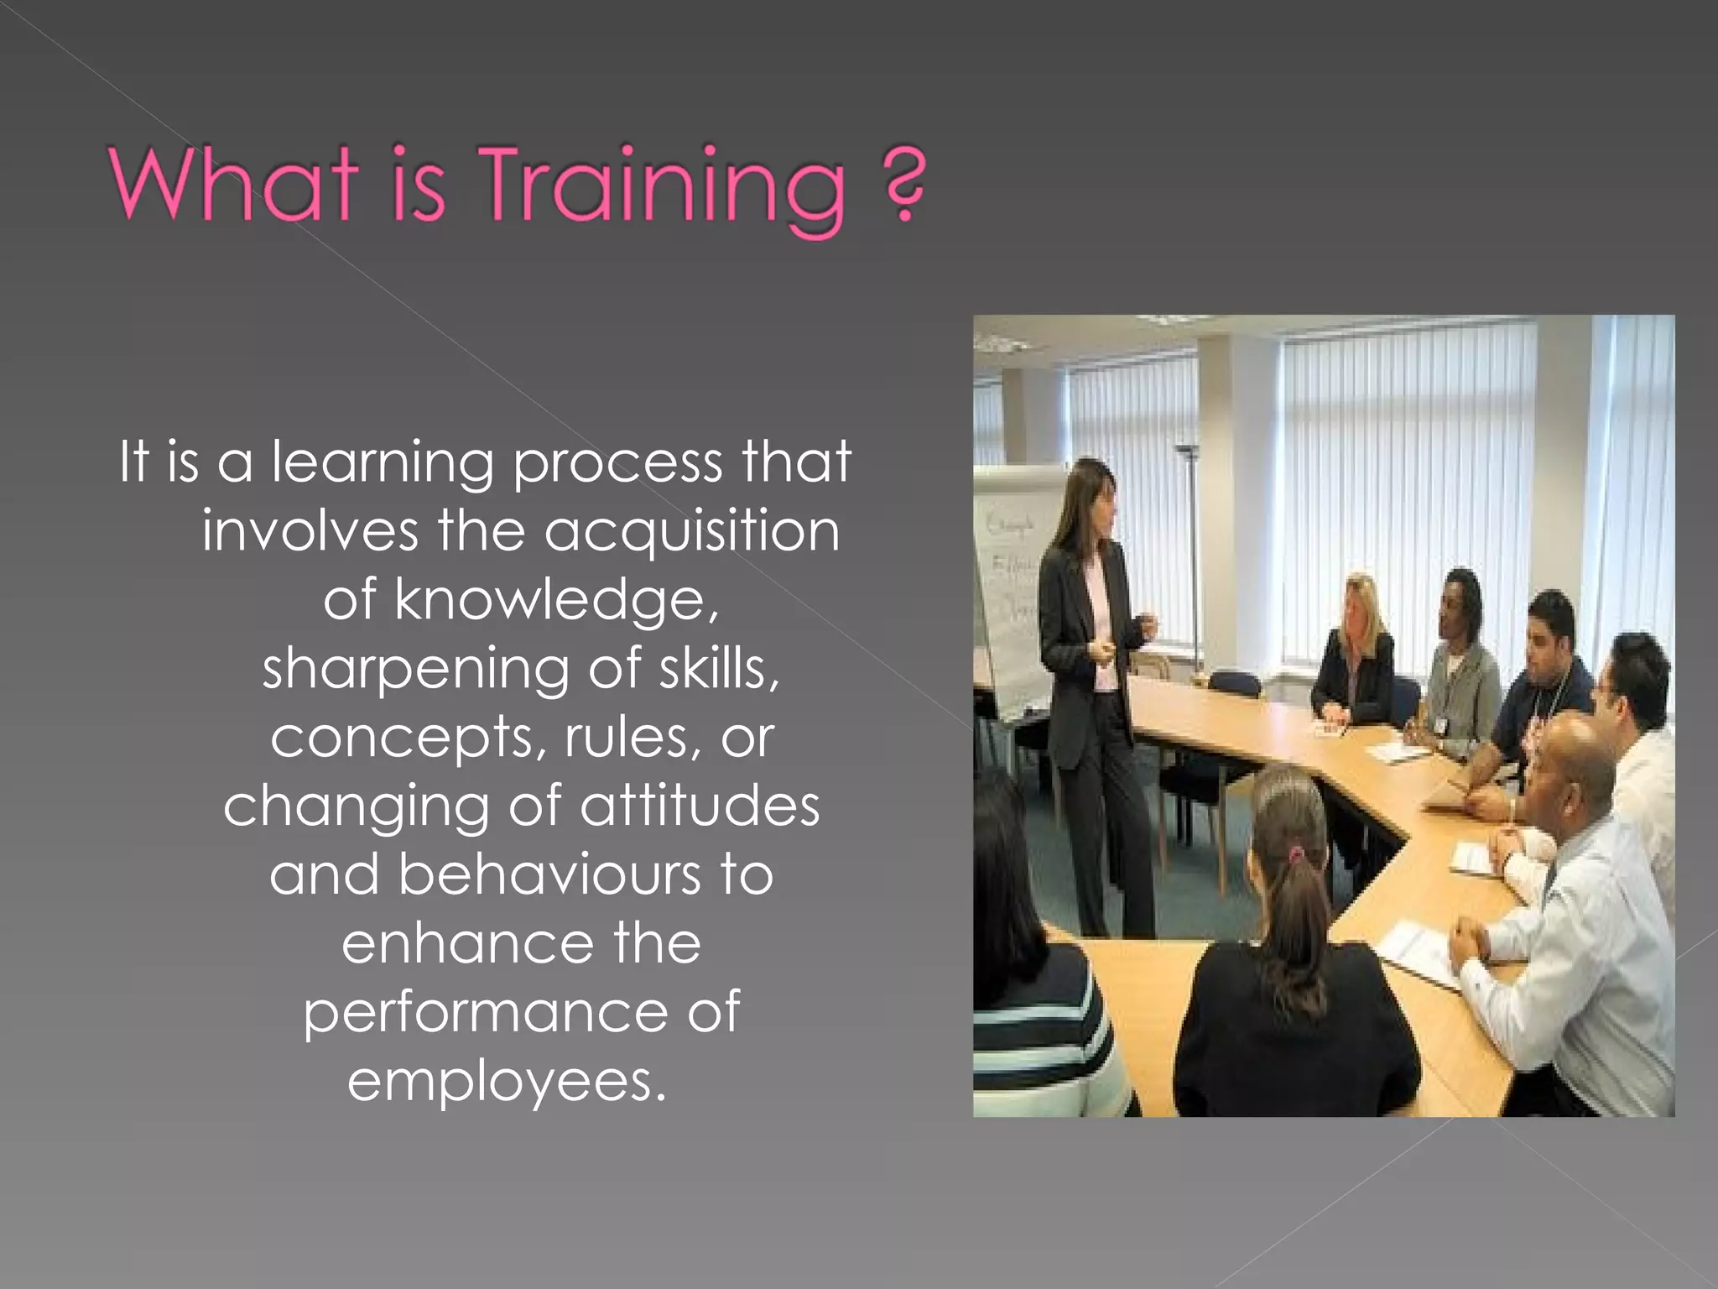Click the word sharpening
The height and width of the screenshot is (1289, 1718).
(416, 670)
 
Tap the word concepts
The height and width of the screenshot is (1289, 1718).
(408, 738)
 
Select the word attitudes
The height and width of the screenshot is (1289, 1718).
(700, 806)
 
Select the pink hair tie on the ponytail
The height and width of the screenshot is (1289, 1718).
(1297, 855)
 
